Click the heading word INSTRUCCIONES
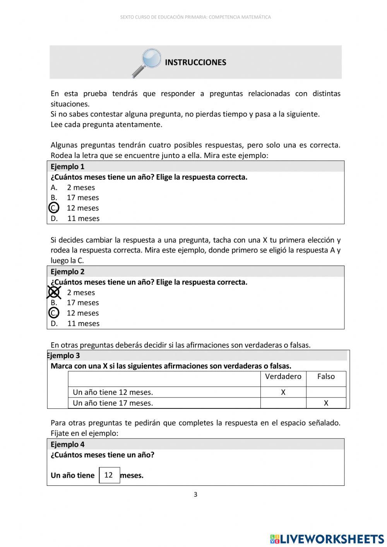195,62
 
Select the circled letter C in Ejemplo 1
54,208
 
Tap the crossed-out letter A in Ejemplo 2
54,292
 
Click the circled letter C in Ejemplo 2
54,313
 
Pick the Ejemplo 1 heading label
67,166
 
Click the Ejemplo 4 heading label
67,444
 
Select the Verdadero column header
283,376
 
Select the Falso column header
326,376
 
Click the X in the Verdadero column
283,392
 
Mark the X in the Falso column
326,403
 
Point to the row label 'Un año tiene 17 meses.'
113,403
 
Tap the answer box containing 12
109,475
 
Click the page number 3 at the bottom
195,494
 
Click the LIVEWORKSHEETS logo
327,538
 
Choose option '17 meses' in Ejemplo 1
82,197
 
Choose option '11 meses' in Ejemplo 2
83,323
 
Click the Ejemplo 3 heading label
64,355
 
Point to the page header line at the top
195,17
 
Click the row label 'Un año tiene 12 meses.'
113,392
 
